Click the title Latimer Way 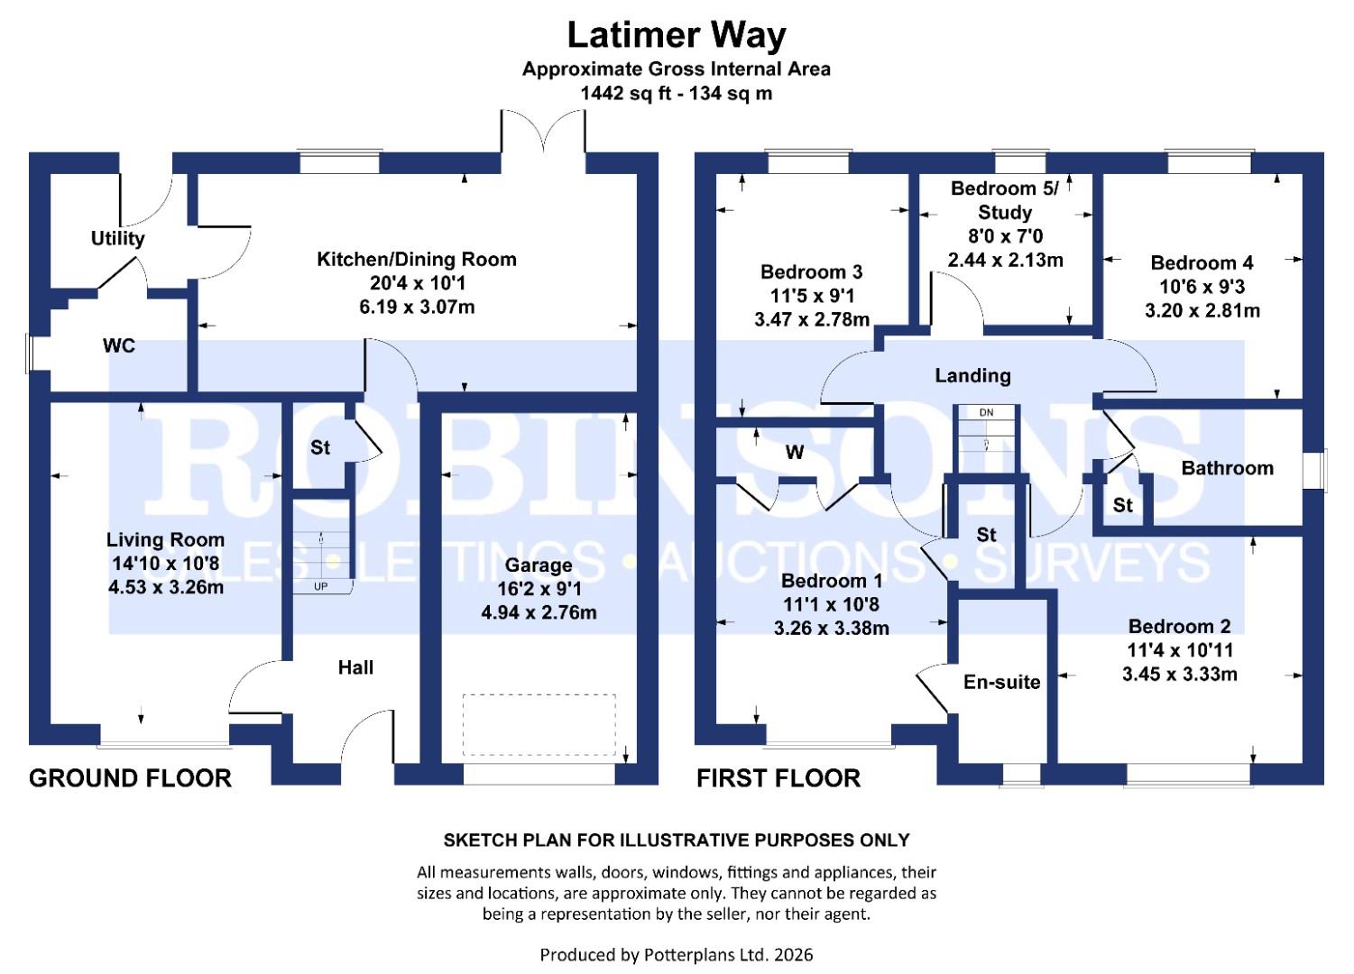point(676,36)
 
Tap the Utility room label point(117,238)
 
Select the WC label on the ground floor point(119,346)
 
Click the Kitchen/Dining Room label point(417,260)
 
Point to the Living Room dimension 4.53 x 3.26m point(165,588)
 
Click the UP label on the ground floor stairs point(320,586)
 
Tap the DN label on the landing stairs point(986,413)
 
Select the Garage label point(539,565)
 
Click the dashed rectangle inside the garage point(539,725)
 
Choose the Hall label point(355,668)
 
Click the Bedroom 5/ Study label point(1005,200)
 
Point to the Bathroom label point(1227,468)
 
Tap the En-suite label point(1001,683)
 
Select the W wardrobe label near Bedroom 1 point(794,453)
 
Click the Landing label point(972,376)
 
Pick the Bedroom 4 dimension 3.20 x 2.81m point(1202,311)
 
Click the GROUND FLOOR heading point(130,778)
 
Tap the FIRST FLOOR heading point(778,778)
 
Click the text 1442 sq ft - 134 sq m point(676,93)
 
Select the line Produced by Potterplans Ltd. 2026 point(676,954)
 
